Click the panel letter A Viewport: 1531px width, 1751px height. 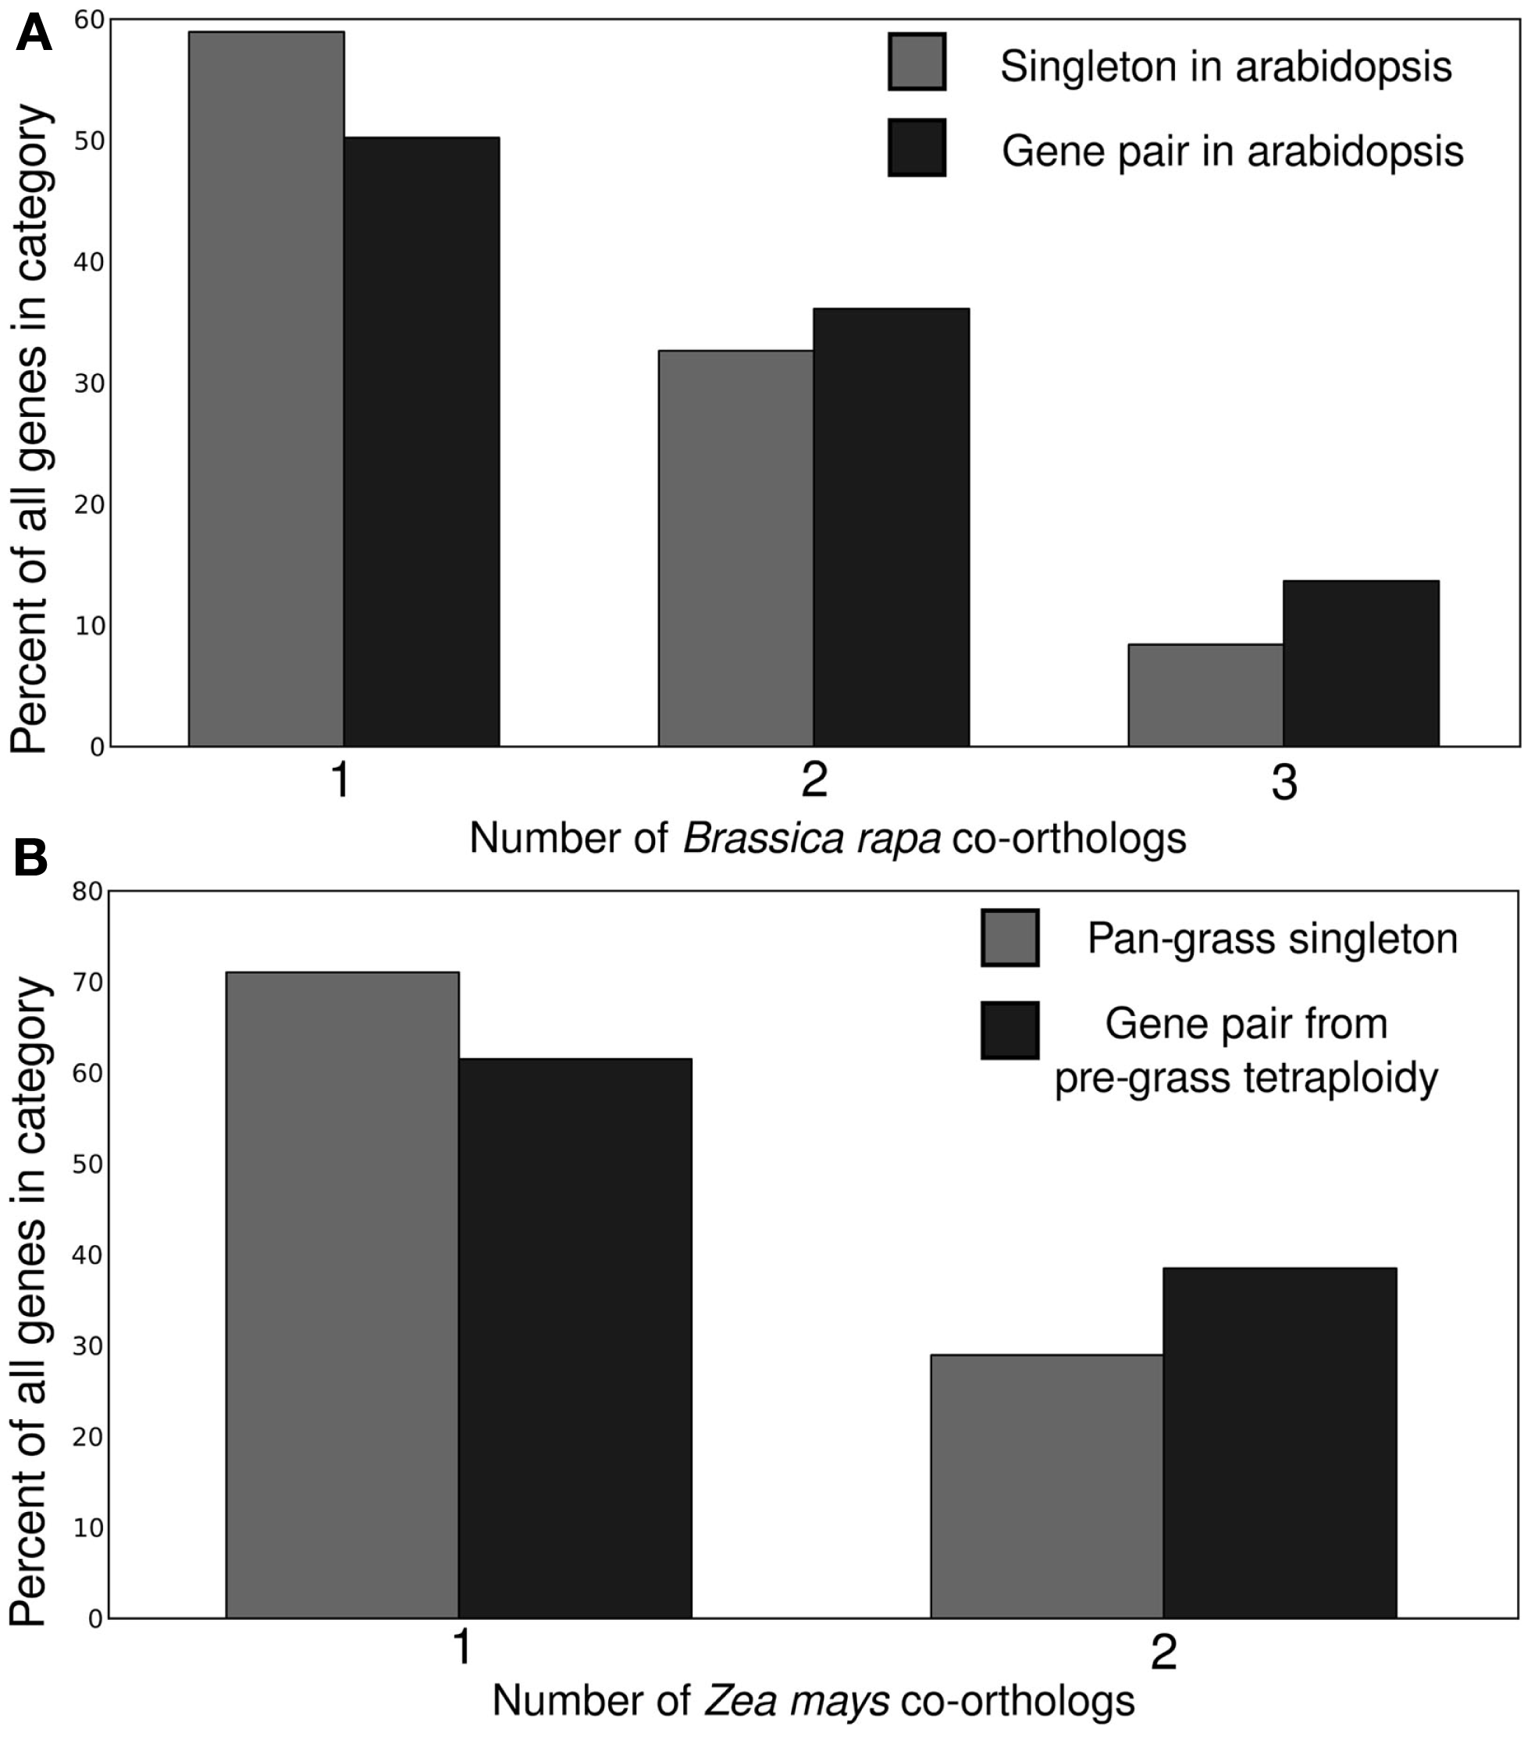[33, 34]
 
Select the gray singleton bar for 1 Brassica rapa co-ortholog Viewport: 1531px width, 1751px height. [265, 389]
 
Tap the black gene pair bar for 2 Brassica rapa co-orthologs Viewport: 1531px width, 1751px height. [891, 527]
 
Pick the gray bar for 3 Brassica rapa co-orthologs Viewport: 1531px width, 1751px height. [1205, 695]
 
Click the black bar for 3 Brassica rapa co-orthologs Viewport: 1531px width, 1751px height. [1361, 663]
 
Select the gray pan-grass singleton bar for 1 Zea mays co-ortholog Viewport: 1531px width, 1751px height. [342, 1294]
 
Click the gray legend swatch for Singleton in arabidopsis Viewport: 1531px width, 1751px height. [917, 62]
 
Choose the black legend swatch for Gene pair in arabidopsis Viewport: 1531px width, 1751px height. [917, 147]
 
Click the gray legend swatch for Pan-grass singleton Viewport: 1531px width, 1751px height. [1009, 937]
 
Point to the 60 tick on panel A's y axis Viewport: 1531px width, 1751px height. [89, 20]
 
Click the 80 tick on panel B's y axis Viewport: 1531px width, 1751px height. [87, 891]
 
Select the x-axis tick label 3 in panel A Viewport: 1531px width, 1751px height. [1284, 782]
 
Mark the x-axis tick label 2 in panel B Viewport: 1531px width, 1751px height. [1163, 1653]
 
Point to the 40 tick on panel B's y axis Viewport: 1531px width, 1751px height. [87, 1254]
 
